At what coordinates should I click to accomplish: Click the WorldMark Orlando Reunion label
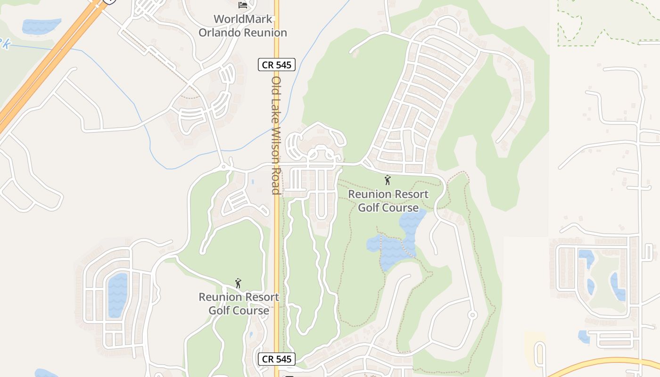242,26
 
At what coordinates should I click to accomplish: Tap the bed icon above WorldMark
243,5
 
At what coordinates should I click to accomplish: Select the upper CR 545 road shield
276,65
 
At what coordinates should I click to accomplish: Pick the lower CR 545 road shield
276,359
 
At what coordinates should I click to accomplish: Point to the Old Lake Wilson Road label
276,135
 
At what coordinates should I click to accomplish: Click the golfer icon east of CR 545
388,180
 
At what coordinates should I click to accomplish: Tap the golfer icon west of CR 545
238,283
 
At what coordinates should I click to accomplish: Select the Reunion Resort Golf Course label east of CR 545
388,201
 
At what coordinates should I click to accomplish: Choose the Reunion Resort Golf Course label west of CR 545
239,303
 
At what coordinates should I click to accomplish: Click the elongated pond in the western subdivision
117,295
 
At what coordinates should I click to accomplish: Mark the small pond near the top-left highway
41,26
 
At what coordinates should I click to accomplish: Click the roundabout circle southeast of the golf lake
472,315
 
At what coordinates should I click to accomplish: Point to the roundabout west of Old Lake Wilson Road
223,167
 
